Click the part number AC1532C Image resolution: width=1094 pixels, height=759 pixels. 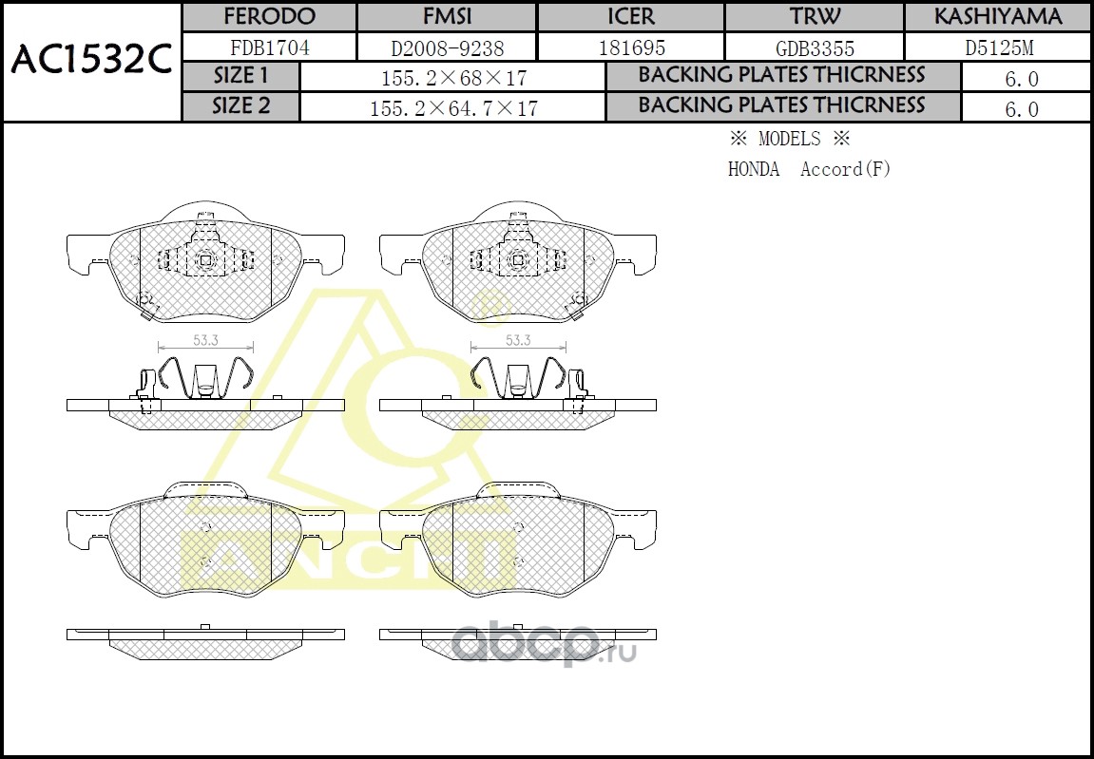coord(91,61)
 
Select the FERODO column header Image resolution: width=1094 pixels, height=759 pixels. coord(269,16)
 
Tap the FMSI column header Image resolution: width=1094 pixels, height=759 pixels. coord(448,16)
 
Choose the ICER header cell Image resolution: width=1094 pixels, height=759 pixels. coord(631,16)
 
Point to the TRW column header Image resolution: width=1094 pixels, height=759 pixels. coord(815,16)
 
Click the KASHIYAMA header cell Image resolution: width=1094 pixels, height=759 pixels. coord(998,16)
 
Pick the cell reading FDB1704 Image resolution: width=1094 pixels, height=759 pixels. coord(269,47)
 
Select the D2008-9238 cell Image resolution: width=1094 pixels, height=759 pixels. coord(448,48)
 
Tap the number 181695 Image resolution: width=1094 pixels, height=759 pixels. coord(631,47)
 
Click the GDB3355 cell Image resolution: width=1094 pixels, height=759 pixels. coord(815,48)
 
